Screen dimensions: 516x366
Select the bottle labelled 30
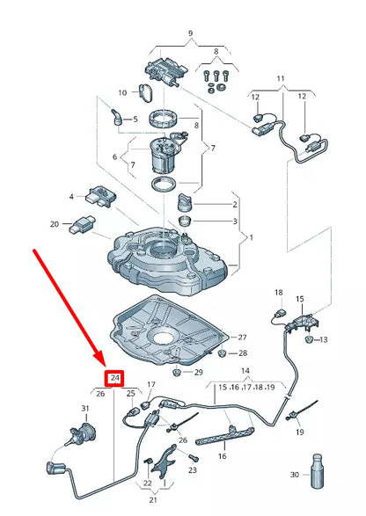316,475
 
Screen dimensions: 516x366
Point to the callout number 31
85,409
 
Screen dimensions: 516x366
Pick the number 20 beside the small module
54,224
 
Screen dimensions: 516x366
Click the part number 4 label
71,197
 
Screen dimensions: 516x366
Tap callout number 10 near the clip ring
123,91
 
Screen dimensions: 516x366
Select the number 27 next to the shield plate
243,337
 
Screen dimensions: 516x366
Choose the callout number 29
199,373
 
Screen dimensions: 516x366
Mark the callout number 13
323,339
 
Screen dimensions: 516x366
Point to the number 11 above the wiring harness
281,79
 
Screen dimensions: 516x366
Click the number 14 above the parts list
245,371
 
